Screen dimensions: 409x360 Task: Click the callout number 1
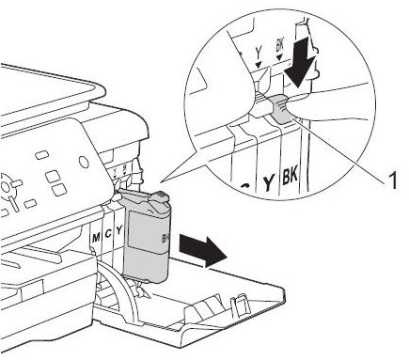pyautogui.click(x=392, y=180)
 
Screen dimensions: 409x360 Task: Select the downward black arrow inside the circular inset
pyautogui.click(x=300, y=64)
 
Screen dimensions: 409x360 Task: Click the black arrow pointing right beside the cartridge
pyautogui.click(x=202, y=252)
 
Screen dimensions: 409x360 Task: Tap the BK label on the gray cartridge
pyautogui.click(x=165, y=239)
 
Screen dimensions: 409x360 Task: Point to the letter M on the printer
pyautogui.click(x=96, y=238)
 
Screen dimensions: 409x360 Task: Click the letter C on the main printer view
pyautogui.click(x=108, y=234)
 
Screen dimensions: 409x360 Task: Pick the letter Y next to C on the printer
pyautogui.click(x=118, y=231)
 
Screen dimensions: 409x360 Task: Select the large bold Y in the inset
pyautogui.click(x=268, y=183)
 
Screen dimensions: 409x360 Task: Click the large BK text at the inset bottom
pyautogui.click(x=290, y=176)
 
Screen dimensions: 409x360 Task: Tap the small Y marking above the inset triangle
pyautogui.click(x=258, y=54)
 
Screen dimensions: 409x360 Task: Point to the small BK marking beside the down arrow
pyautogui.click(x=279, y=46)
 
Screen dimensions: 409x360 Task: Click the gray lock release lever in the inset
pyautogui.click(x=280, y=109)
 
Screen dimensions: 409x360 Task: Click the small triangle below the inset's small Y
pyautogui.click(x=258, y=65)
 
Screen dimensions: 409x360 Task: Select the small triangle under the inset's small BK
pyautogui.click(x=280, y=56)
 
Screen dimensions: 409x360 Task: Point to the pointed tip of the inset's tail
pyautogui.click(x=161, y=182)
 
